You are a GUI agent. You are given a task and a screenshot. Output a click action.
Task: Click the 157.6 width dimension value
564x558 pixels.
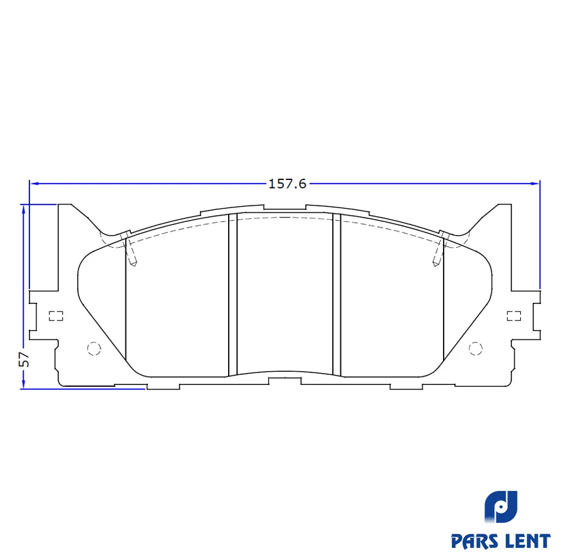tap(288, 184)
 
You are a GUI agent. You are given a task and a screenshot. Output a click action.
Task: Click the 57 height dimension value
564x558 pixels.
tap(24, 359)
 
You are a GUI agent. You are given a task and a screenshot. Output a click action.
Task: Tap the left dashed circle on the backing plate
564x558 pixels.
tap(94, 348)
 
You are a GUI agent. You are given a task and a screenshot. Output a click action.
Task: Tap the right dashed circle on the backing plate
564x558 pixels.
tap(476, 348)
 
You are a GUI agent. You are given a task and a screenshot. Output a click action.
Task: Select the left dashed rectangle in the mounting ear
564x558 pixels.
tap(56, 316)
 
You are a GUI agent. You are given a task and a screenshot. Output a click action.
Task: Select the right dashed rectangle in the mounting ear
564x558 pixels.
tap(514, 316)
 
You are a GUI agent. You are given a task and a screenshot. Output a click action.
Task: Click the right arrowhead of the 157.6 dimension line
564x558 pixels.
tap(536, 184)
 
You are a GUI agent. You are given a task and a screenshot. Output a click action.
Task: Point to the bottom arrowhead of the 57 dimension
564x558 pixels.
tap(23, 384)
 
